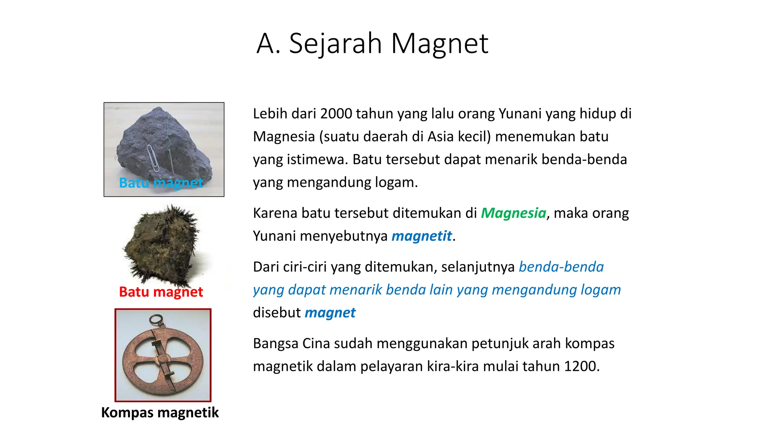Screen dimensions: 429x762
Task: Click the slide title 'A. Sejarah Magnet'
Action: point(372,44)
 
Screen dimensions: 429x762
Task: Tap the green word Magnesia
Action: point(513,213)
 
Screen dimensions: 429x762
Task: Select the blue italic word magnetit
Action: point(422,236)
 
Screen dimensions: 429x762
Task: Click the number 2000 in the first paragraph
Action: point(336,114)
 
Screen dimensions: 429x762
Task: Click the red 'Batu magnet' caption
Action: point(161,292)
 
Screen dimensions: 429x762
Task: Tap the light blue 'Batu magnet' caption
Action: point(161,183)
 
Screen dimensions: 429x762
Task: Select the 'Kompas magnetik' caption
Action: point(160,413)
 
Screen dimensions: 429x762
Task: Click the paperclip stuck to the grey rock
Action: point(153,158)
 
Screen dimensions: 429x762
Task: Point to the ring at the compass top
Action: point(156,319)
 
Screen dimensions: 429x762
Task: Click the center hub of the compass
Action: point(162,359)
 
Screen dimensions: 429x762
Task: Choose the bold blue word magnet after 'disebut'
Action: point(330,313)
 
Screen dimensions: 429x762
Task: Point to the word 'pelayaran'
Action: point(391,366)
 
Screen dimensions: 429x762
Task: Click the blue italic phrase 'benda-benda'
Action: point(561,267)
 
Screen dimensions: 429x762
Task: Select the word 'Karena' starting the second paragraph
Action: point(275,213)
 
